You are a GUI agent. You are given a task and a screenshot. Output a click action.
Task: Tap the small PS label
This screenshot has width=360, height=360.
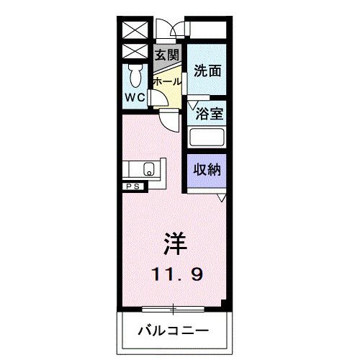pos(134,186)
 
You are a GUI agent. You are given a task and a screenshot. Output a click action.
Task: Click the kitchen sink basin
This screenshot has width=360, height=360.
pos(148,171)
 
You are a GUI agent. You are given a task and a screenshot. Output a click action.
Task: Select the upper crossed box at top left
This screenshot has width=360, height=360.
pos(134,30)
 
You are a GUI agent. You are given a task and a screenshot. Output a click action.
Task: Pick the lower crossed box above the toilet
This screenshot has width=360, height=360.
pos(134,51)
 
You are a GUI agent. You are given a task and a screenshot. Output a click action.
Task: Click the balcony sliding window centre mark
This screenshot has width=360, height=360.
pos(173,310)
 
